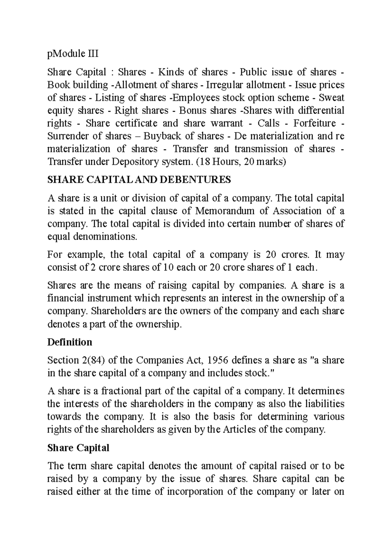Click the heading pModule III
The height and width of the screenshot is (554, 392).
coord(73,54)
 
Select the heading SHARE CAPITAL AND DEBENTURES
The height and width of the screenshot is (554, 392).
coord(139,180)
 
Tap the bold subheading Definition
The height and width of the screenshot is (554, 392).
coord(70,342)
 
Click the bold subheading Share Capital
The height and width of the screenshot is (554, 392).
coord(78,448)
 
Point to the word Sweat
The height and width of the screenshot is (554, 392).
coord(331,98)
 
